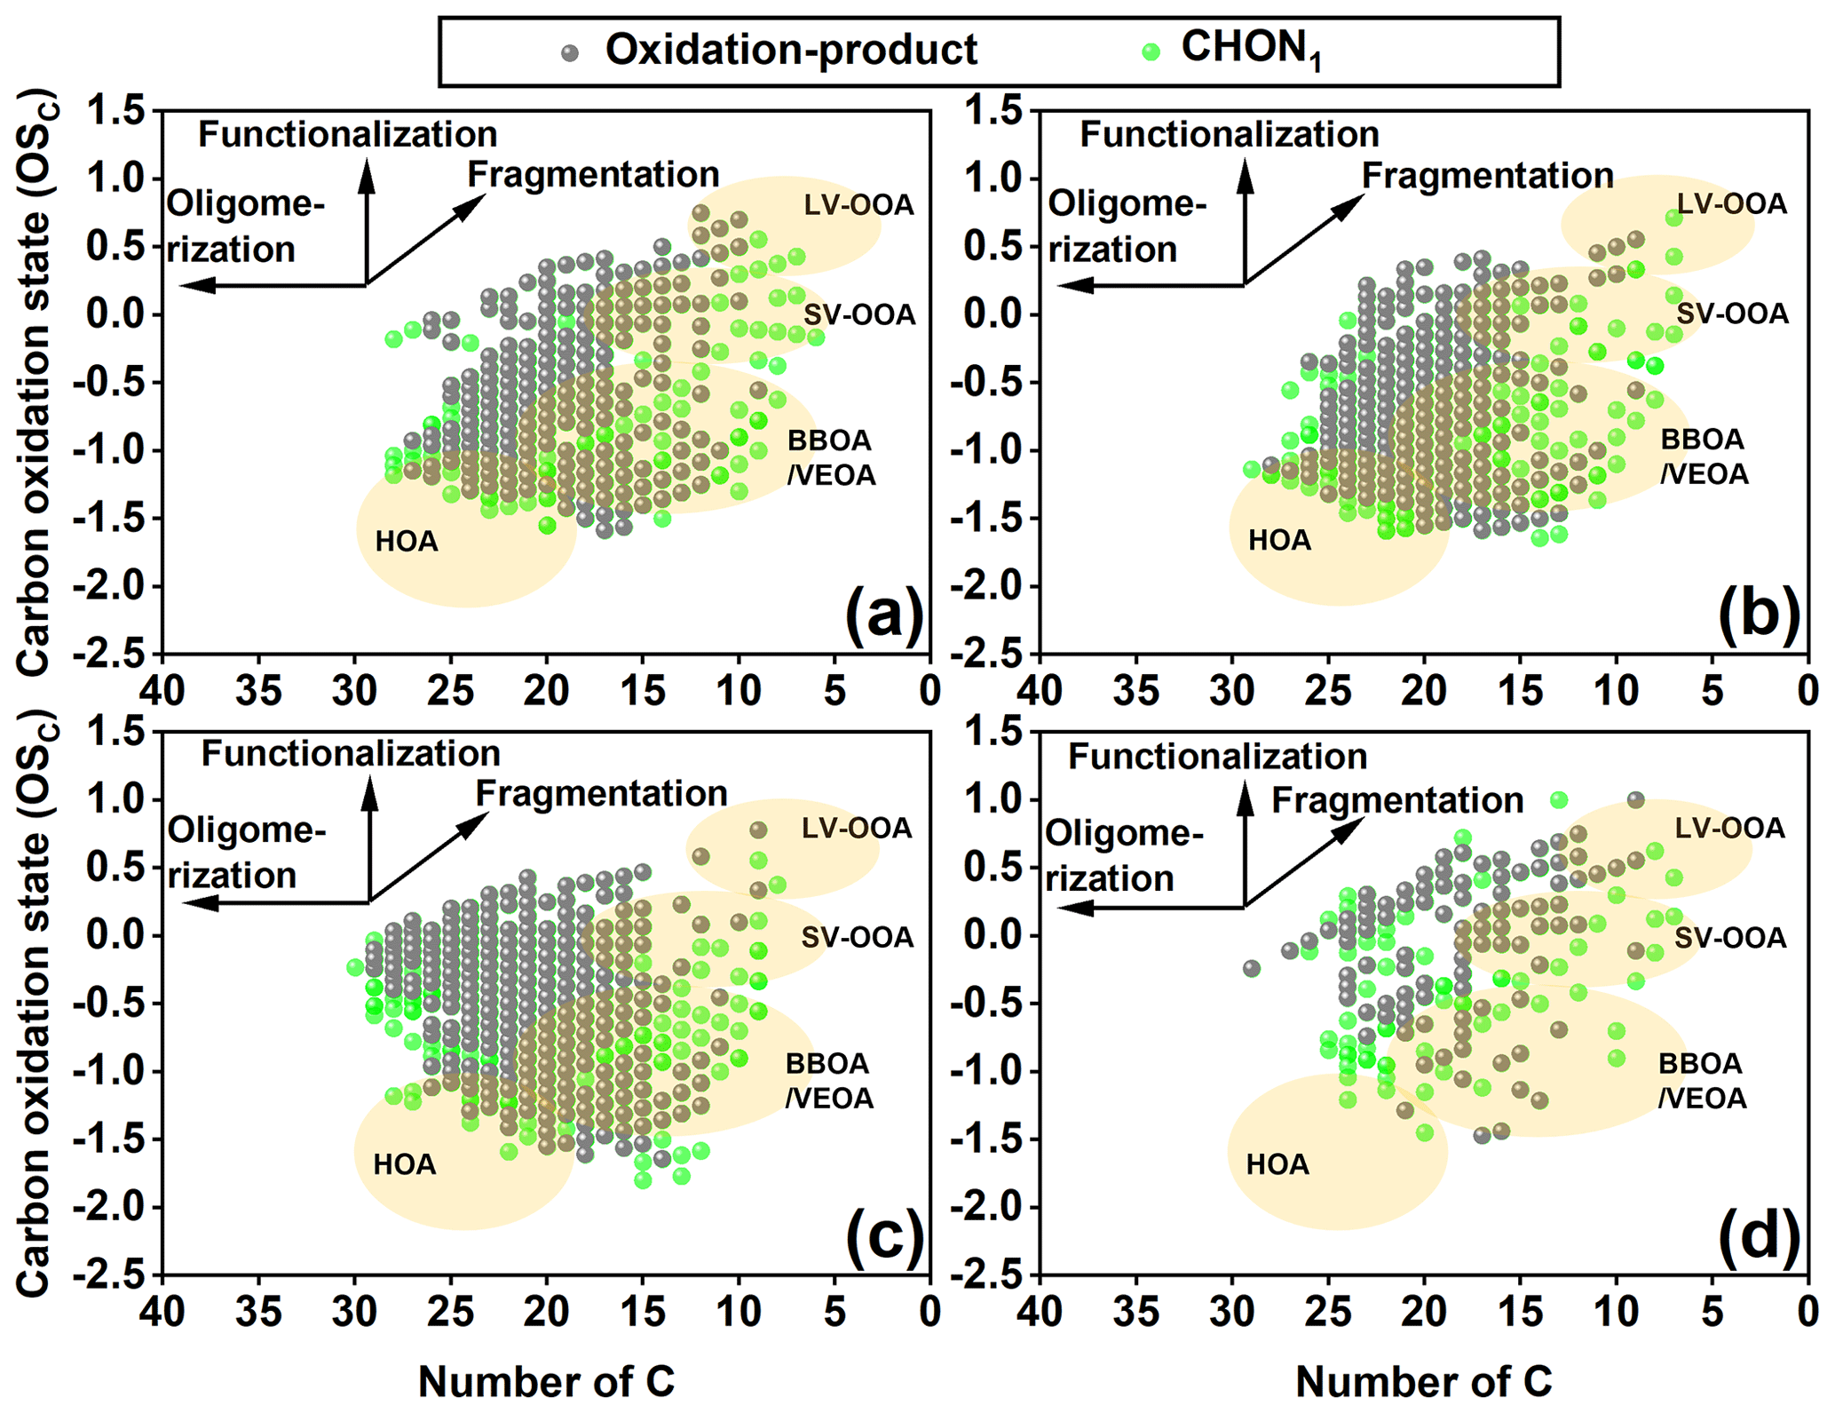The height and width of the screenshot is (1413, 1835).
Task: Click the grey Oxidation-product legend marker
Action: tap(570, 52)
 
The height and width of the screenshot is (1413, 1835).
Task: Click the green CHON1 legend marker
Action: tap(1152, 52)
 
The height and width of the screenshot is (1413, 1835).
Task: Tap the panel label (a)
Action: tap(884, 614)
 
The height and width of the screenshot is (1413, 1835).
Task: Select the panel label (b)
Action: tap(1759, 614)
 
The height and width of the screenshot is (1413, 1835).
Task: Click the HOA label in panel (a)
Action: tap(407, 541)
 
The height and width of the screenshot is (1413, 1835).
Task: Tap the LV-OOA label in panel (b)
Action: tap(1731, 204)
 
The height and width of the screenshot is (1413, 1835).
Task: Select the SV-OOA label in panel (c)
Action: tap(857, 937)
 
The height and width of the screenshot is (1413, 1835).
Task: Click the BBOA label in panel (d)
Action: tap(1700, 1064)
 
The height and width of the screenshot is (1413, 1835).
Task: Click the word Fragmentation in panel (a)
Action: tap(593, 175)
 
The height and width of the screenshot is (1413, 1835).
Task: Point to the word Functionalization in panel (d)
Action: tap(1217, 757)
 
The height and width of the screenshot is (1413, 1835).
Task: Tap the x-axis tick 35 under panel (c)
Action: tap(258, 1313)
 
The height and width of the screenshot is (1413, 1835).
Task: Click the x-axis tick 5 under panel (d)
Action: tap(1712, 1313)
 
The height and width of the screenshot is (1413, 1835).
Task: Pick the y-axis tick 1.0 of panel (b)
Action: tap(993, 179)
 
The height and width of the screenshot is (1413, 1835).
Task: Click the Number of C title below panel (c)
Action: tap(546, 1382)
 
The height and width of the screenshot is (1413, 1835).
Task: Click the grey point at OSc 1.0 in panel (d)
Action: tap(1635, 800)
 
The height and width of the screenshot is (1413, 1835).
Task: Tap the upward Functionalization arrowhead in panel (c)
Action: tap(369, 790)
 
